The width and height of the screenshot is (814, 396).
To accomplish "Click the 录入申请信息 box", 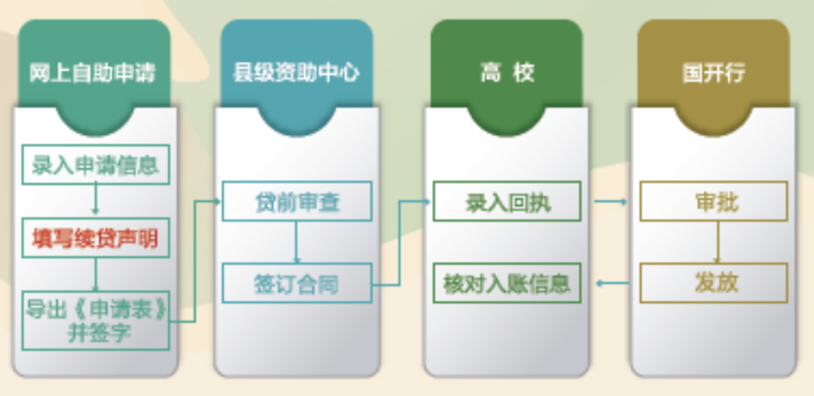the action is [x=96, y=164].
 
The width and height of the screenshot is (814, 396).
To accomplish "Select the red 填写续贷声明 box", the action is [x=96, y=238].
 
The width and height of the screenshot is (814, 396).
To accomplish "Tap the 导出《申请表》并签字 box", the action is [x=96, y=320].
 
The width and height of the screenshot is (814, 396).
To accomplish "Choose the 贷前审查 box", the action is [x=297, y=201].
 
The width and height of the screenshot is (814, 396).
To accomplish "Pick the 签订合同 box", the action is [x=297, y=283].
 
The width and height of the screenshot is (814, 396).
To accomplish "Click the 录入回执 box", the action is [x=507, y=201].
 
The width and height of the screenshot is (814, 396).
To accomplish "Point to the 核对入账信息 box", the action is [x=507, y=283].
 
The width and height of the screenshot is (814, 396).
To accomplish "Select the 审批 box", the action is [x=714, y=201].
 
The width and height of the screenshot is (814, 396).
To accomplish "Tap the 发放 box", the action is [x=714, y=283].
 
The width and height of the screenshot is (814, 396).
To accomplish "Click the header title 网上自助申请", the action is [x=93, y=73].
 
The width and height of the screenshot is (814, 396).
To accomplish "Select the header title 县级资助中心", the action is [x=296, y=73].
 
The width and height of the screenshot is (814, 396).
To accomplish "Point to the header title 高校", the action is [x=506, y=73].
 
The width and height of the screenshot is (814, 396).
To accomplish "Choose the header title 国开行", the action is [x=713, y=73].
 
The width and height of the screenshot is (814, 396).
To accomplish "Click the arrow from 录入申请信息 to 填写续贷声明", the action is [x=96, y=198].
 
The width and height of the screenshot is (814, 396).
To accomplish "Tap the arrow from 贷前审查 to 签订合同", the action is [x=296, y=242].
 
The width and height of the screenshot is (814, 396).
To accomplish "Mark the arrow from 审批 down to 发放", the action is [x=718, y=242].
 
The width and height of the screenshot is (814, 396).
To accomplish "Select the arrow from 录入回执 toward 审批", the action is [x=610, y=201].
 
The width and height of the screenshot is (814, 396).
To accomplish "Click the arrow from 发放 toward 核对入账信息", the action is [x=613, y=283].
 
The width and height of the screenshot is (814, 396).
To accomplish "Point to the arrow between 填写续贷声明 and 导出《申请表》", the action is [x=96, y=275].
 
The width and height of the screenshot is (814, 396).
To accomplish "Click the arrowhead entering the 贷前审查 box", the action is [x=217, y=201].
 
